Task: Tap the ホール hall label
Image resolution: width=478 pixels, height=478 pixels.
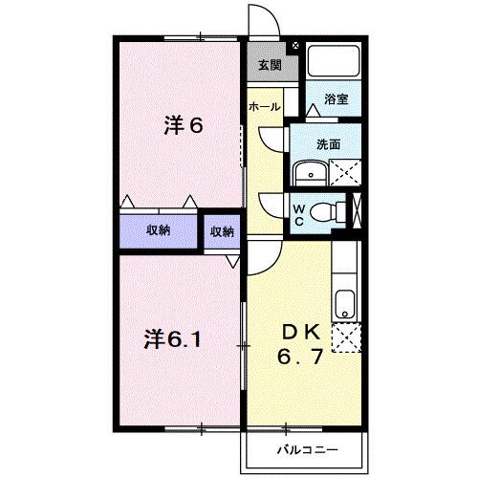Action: click(265, 107)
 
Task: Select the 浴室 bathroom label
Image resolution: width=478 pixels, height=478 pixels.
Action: click(335, 98)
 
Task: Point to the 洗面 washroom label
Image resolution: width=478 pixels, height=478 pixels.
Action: click(330, 144)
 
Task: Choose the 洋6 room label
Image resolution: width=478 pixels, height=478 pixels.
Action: click(184, 126)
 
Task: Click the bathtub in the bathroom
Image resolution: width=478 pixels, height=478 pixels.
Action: click(335, 63)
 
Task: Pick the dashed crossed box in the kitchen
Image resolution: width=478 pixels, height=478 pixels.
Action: click(345, 337)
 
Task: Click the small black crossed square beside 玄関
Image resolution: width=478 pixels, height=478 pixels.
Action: click(294, 45)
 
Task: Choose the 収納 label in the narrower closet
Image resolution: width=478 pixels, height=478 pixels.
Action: click(221, 231)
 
